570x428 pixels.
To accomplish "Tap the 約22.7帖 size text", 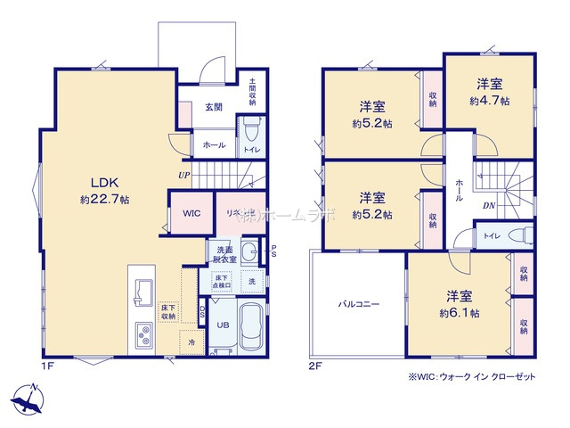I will [104, 201].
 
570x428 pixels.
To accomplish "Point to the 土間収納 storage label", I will [252, 90].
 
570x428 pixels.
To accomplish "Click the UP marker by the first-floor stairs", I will [183, 175].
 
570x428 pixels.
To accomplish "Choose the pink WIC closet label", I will [191, 214].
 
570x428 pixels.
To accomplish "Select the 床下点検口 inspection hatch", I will [221, 281].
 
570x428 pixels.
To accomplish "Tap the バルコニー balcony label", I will [358, 304].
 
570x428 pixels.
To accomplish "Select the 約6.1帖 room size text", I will [459, 314].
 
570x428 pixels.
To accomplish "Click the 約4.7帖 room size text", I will [489, 101].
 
